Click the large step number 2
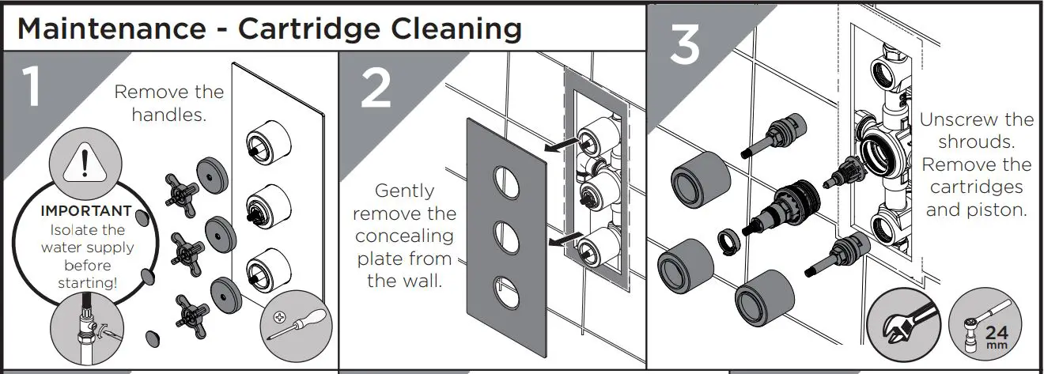375,89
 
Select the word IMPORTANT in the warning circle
86,212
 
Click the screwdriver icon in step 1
292,325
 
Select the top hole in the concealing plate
503,178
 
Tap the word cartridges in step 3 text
976,188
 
